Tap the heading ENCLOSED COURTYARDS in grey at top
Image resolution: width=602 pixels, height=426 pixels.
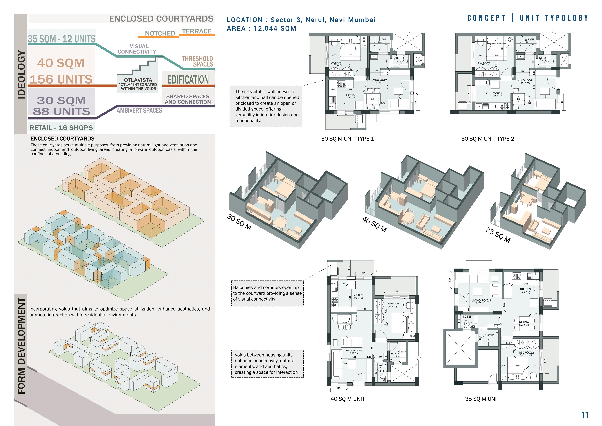coord(161,19)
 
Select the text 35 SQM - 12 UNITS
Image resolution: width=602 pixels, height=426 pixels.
coord(62,39)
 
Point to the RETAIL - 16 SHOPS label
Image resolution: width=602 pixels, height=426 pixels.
coord(61,128)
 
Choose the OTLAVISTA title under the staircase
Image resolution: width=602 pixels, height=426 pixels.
coord(138,80)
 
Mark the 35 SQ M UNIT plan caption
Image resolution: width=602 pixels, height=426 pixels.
coord(482,399)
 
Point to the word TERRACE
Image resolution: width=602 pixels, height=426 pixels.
coord(197,31)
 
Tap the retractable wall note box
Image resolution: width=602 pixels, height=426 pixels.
coord(266,106)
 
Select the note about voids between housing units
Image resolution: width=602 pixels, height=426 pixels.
coord(267,364)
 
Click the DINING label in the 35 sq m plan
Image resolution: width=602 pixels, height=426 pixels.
coord(524,322)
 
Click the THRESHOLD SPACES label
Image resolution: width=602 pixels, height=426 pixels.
coord(197,61)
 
